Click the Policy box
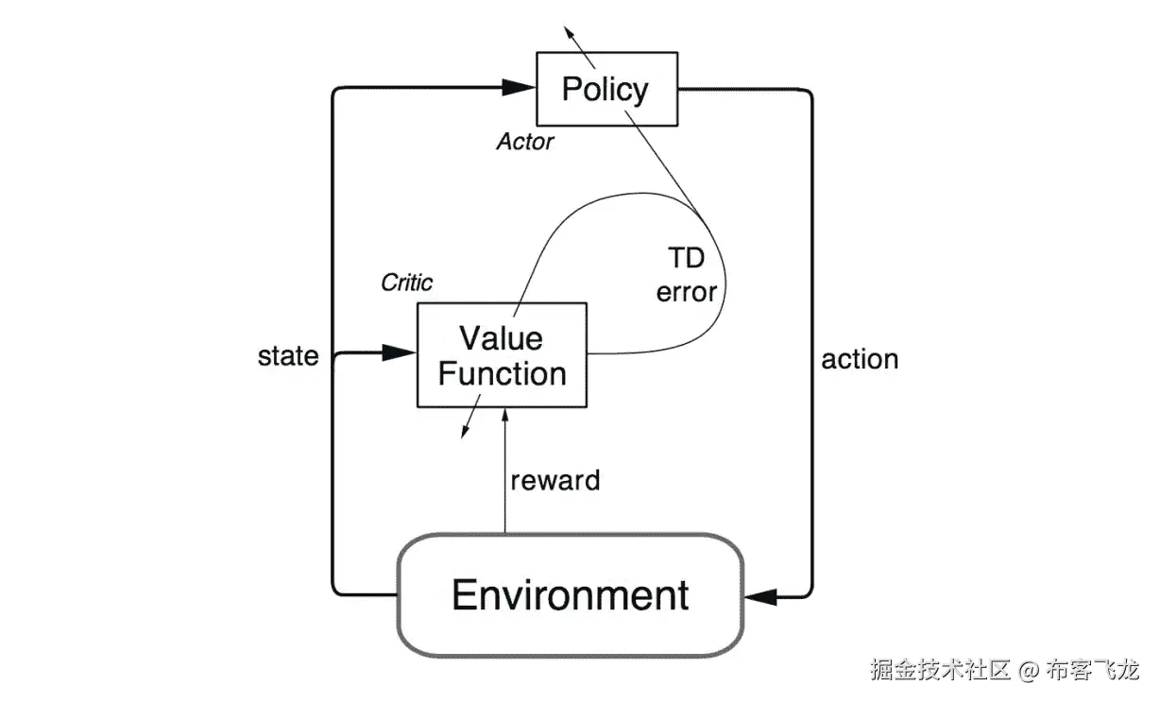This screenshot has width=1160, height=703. [x=606, y=90]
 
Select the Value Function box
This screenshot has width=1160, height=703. [x=502, y=355]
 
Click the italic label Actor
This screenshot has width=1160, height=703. [x=525, y=143]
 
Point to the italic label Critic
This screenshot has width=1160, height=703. [x=406, y=283]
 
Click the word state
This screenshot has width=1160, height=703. [x=288, y=356]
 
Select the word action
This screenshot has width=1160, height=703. [x=860, y=359]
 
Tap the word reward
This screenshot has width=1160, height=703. [x=555, y=480]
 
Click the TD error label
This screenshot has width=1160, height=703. [x=687, y=275]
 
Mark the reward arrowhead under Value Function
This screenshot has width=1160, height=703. [x=505, y=417]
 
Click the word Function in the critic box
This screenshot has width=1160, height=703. [x=502, y=373]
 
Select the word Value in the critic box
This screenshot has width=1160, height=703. [x=501, y=337]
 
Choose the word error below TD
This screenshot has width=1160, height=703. [x=687, y=292]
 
